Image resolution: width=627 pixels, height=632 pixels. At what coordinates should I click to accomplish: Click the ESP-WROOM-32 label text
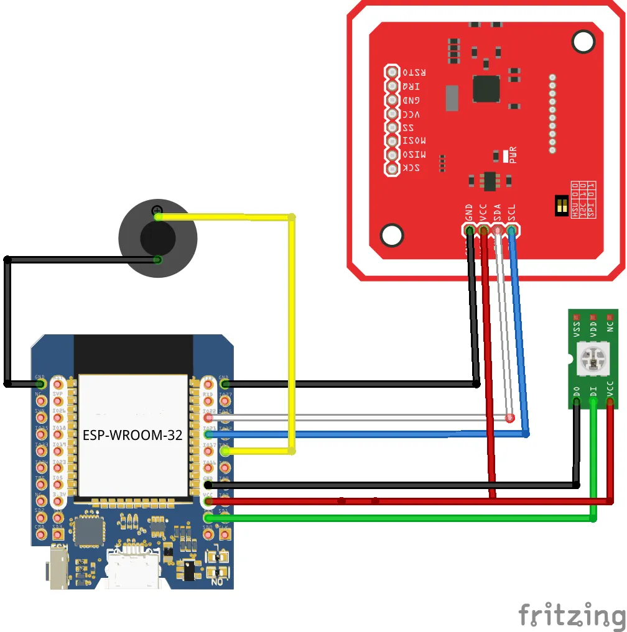(x=132, y=435)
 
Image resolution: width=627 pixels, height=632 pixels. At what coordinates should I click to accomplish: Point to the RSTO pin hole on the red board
(x=392, y=72)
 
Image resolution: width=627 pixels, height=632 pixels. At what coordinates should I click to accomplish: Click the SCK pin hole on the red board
(x=392, y=169)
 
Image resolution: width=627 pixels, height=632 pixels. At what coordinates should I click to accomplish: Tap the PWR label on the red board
(x=513, y=153)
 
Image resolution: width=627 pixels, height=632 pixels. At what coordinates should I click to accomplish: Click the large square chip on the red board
(x=486, y=89)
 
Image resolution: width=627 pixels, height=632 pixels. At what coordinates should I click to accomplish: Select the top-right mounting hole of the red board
(x=583, y=42)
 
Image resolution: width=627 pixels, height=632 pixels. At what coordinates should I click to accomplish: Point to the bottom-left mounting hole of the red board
(x=392, y=236)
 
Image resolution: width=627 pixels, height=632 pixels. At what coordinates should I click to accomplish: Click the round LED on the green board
(x=592, y=358)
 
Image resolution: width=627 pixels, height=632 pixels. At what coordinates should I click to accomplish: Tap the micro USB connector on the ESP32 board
(x=133, y=569)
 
